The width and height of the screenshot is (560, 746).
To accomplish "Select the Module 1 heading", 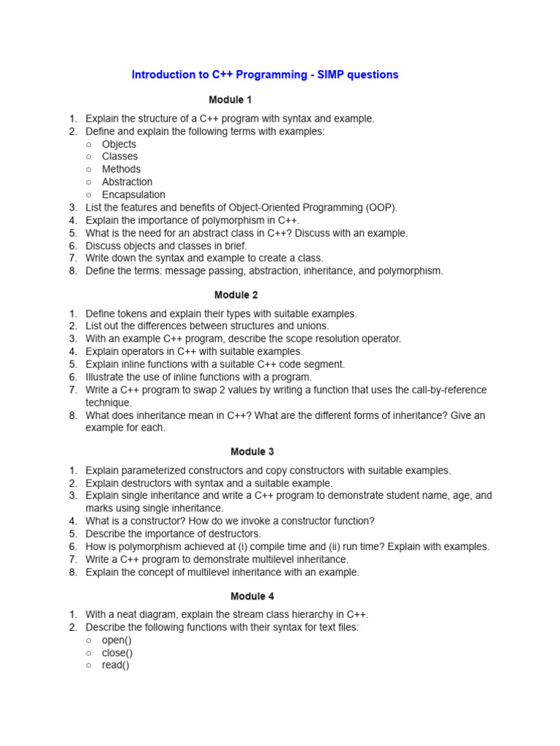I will point(230,100).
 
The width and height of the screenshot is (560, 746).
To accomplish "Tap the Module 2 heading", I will point(236,295).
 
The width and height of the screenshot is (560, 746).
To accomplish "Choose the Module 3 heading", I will point(252,452).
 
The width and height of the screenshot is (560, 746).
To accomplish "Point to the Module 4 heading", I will point(252,596).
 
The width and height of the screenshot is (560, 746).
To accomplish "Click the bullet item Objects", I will point(119,144).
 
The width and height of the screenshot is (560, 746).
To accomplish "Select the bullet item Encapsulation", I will point(133,195).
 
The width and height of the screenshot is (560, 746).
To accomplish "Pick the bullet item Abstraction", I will point(127,182).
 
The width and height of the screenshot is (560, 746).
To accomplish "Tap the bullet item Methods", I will point(121,169).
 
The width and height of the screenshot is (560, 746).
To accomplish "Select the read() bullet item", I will point(115,665).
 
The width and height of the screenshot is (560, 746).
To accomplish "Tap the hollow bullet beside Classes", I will point(88,157).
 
